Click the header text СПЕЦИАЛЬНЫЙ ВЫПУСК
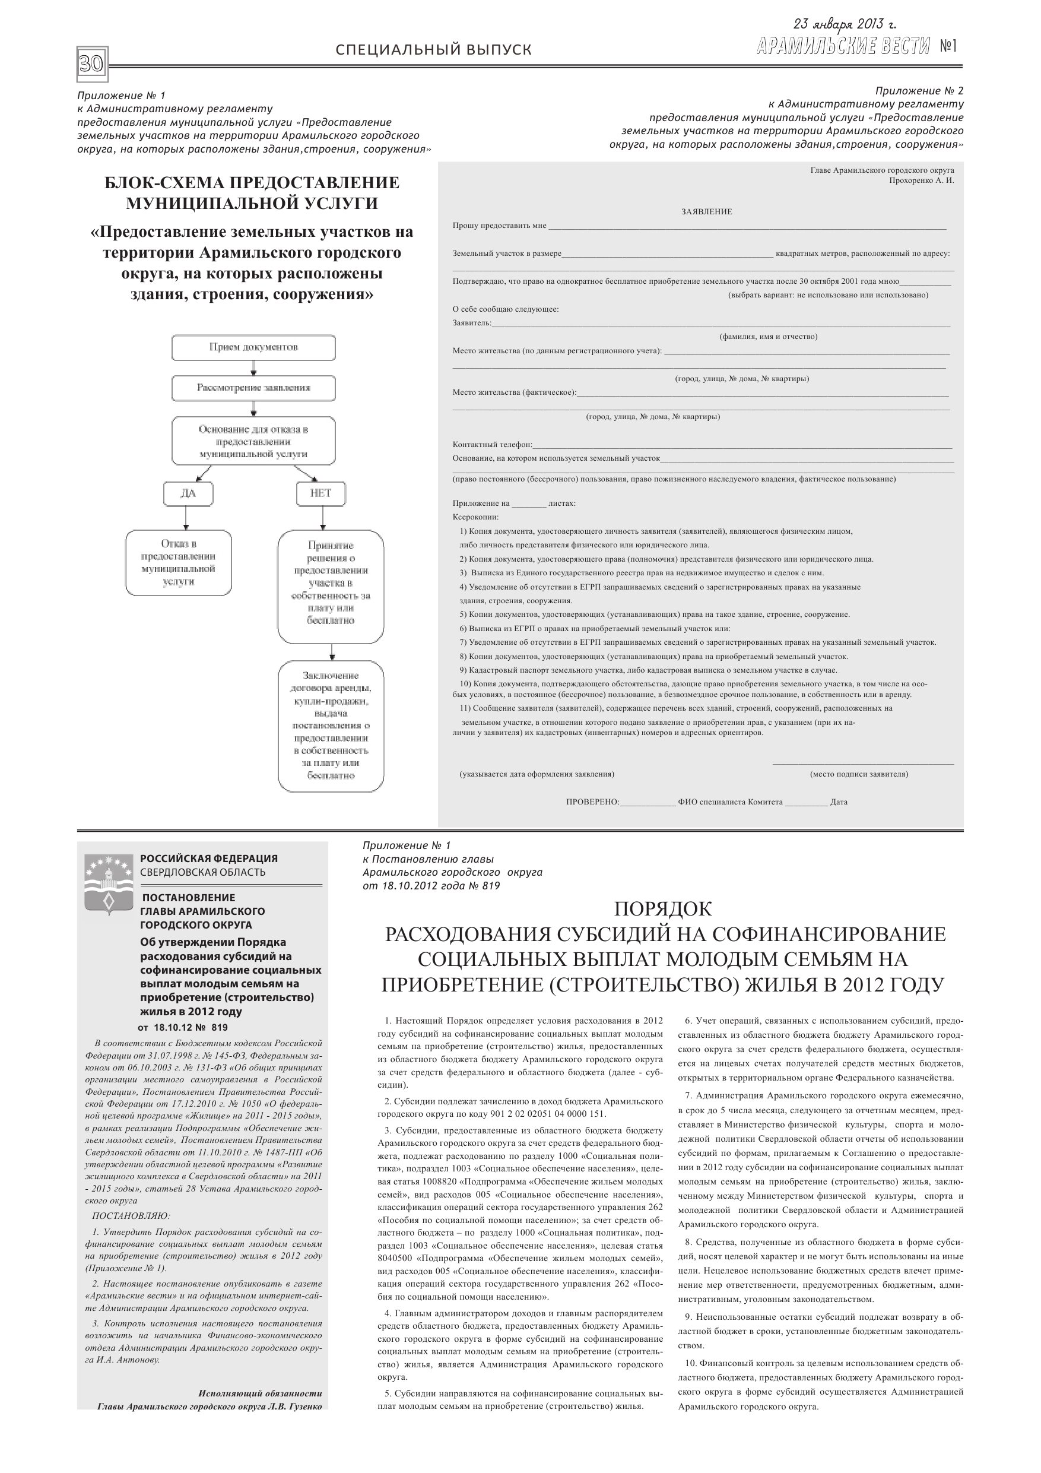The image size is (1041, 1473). pos(434,50)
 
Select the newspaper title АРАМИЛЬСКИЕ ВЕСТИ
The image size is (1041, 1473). pos(843,46)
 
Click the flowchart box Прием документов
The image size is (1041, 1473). pos(253,347)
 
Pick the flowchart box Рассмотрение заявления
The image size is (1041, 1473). pos(253,388)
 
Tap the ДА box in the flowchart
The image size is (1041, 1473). pos(188,493)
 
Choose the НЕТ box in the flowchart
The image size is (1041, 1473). pos(320,493)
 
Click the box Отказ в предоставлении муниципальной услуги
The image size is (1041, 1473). pos(178,563)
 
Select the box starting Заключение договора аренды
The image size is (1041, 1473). pos(331,726)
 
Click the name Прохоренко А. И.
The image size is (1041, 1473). pos(921,181)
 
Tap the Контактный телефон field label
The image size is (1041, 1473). pos(492,445)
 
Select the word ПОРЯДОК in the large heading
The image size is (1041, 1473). pos(662,909)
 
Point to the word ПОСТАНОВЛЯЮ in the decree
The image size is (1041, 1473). pos(132,1215)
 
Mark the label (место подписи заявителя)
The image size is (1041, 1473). pos(859,774)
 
